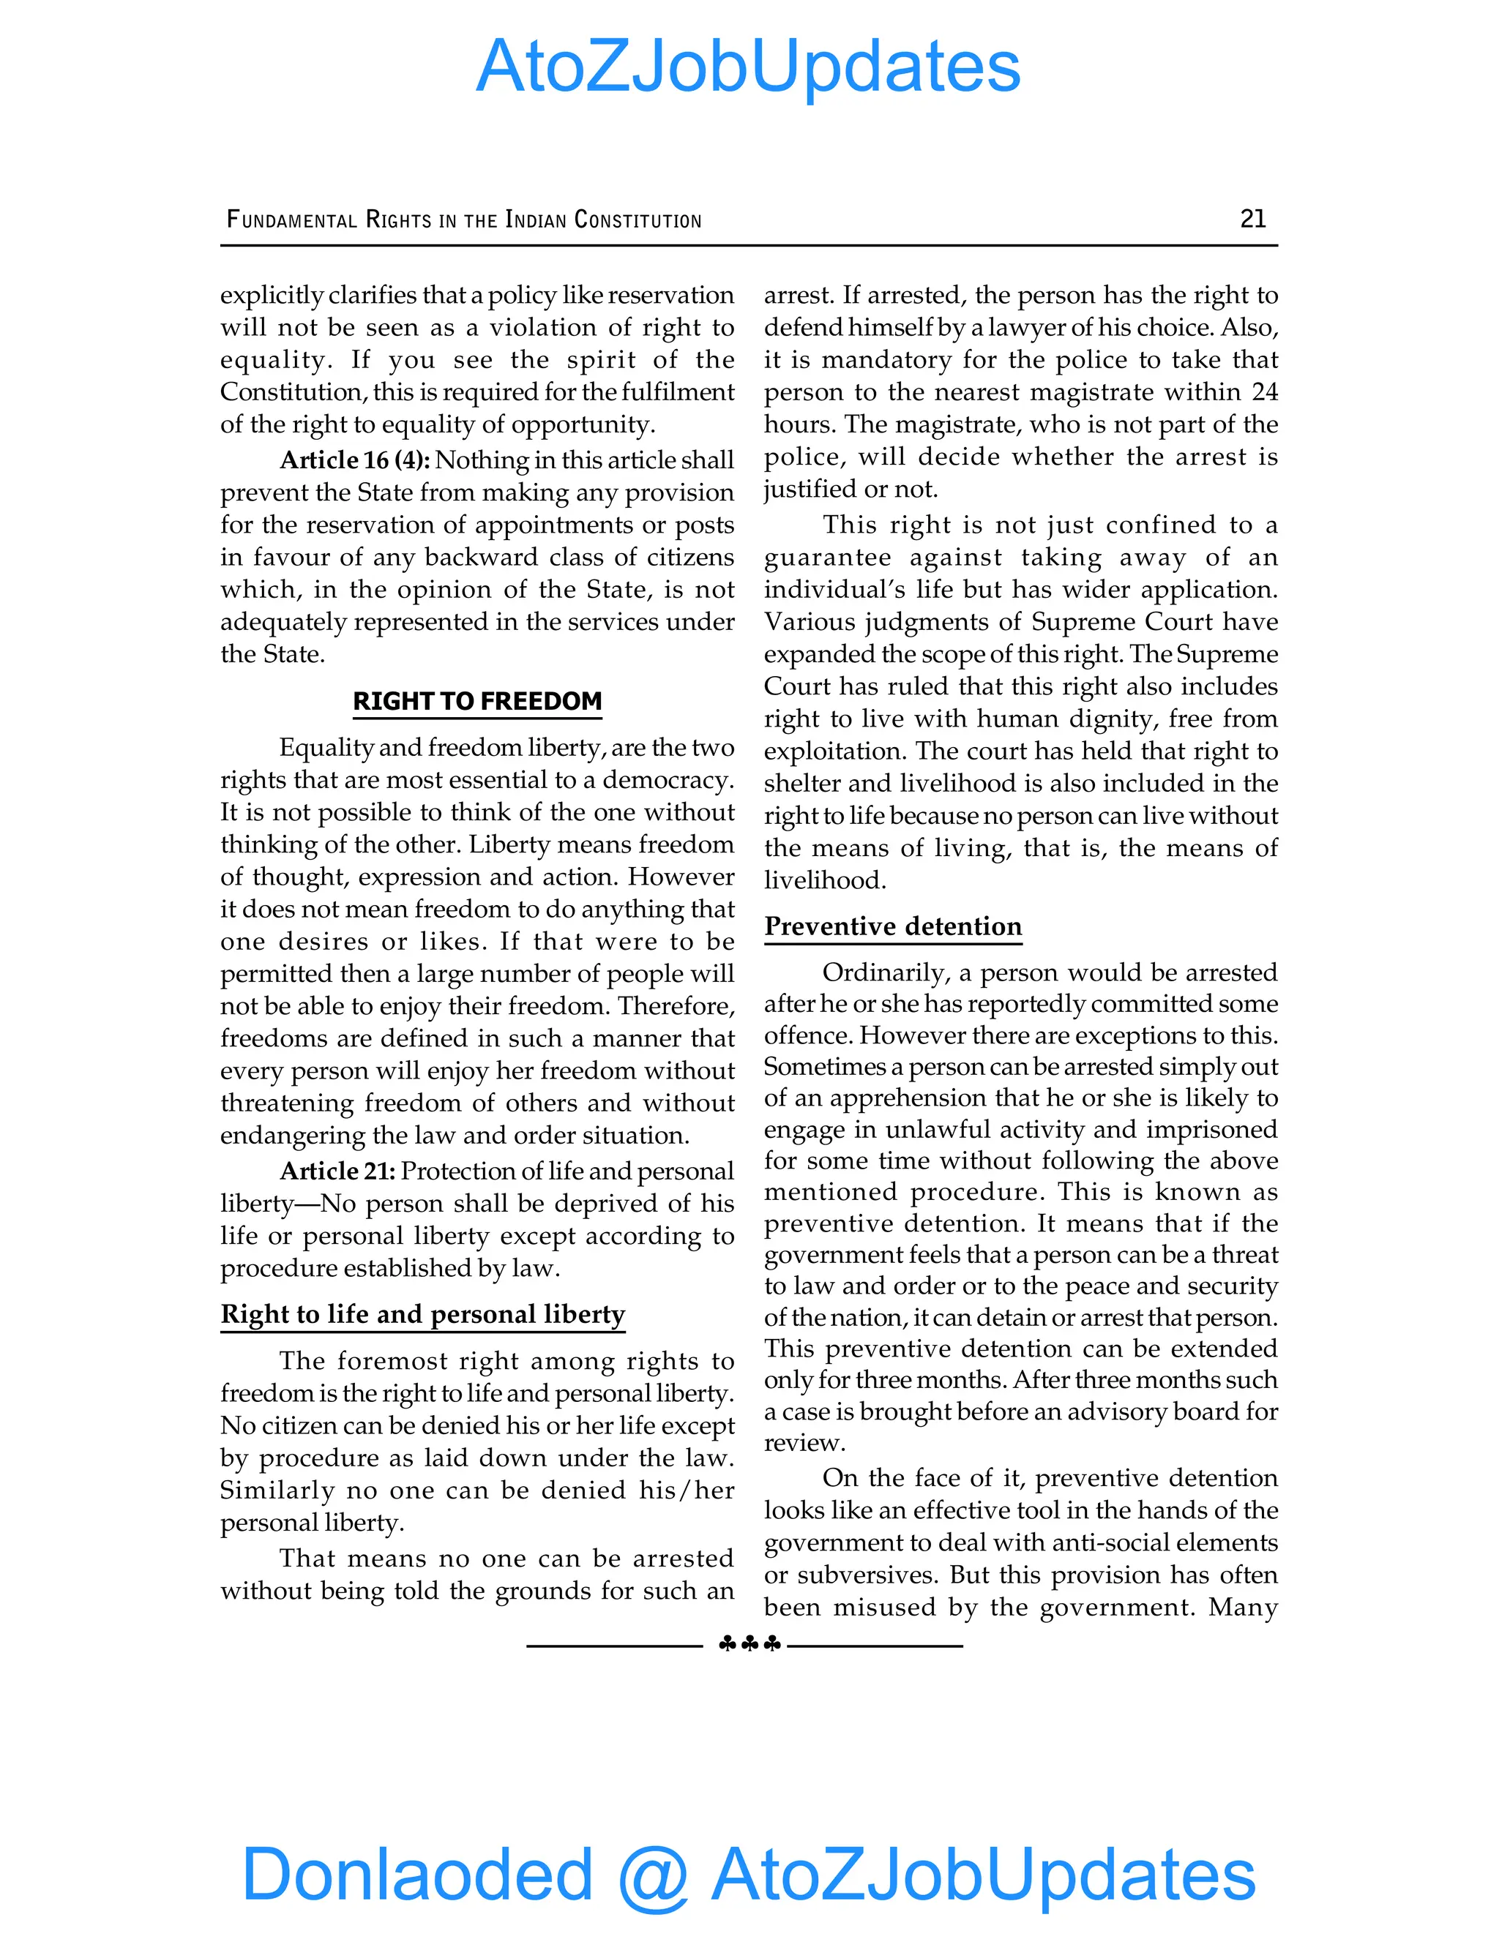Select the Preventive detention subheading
point(892,926)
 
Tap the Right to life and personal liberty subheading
point(423,1314)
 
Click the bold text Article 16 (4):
point(354,460)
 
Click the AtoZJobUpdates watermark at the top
point(748,67)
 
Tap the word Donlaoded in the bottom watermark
point(416,1873)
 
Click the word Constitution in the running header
point(638,220)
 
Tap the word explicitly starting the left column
point(272,295)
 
